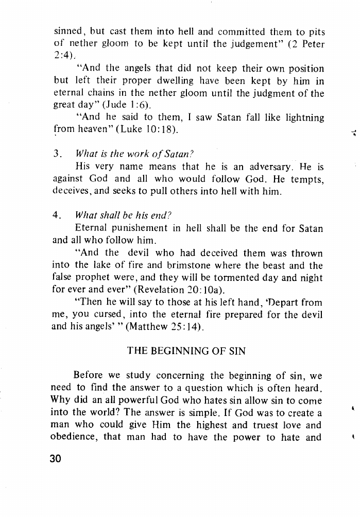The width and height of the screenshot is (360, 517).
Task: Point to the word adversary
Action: [x=262, y=166]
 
